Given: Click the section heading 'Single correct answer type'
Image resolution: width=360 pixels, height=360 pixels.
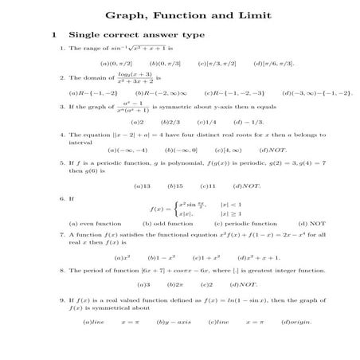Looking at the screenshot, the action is point(136,35).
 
